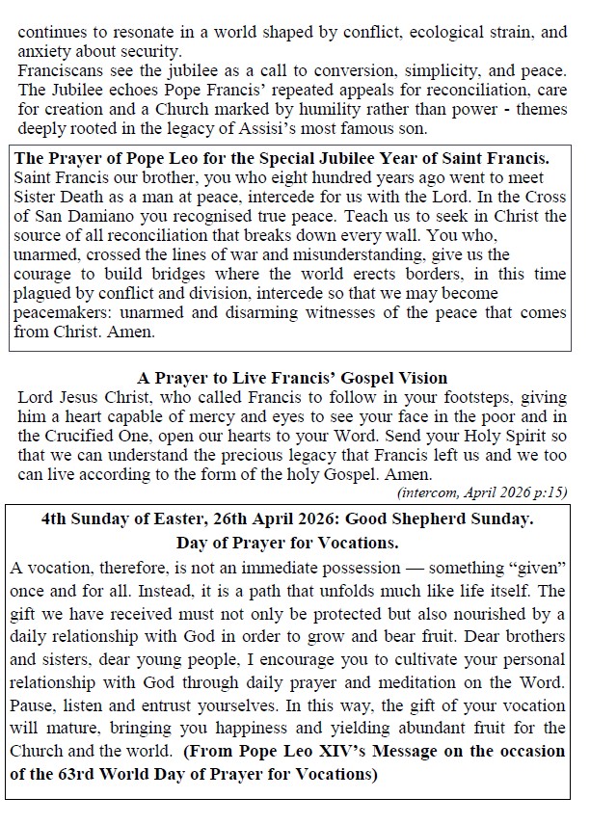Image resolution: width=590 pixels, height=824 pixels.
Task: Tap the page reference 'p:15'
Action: (548, 492)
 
